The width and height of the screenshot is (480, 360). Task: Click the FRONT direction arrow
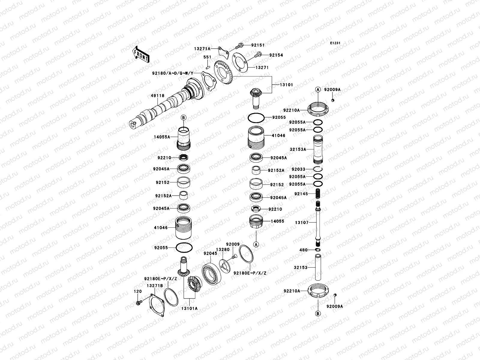tap(141, 55)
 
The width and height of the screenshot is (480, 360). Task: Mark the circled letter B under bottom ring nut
tap(318, 313)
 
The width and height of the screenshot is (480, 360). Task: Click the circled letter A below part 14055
tap(256, 244)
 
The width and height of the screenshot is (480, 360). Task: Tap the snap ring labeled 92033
tap(318, 169)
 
